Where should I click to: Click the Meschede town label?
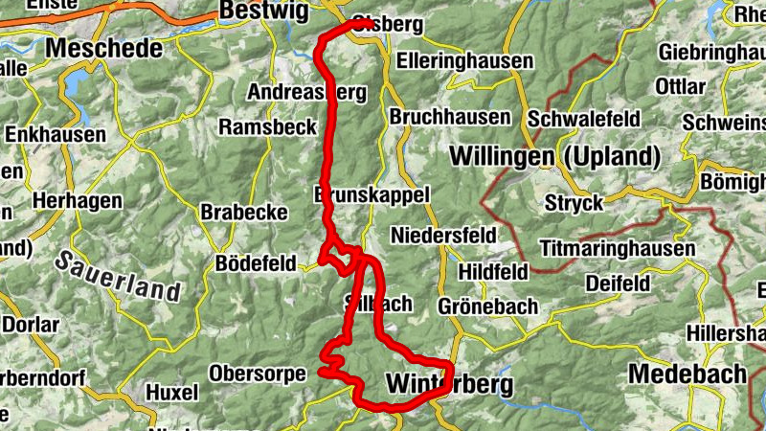click(104, 48)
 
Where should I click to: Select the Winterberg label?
click(449, 384)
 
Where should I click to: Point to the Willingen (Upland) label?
click(554, 156)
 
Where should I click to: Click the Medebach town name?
click(688, 374)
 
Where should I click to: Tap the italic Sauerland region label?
click(118, 276)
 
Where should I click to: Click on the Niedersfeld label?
click(443, 235)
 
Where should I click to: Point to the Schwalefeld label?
click(584, 119)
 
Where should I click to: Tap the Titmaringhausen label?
click(618, 249)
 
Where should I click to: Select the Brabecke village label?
click(244, 213)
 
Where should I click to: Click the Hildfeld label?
click(493, 272)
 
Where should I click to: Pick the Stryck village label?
click(574, 202)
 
